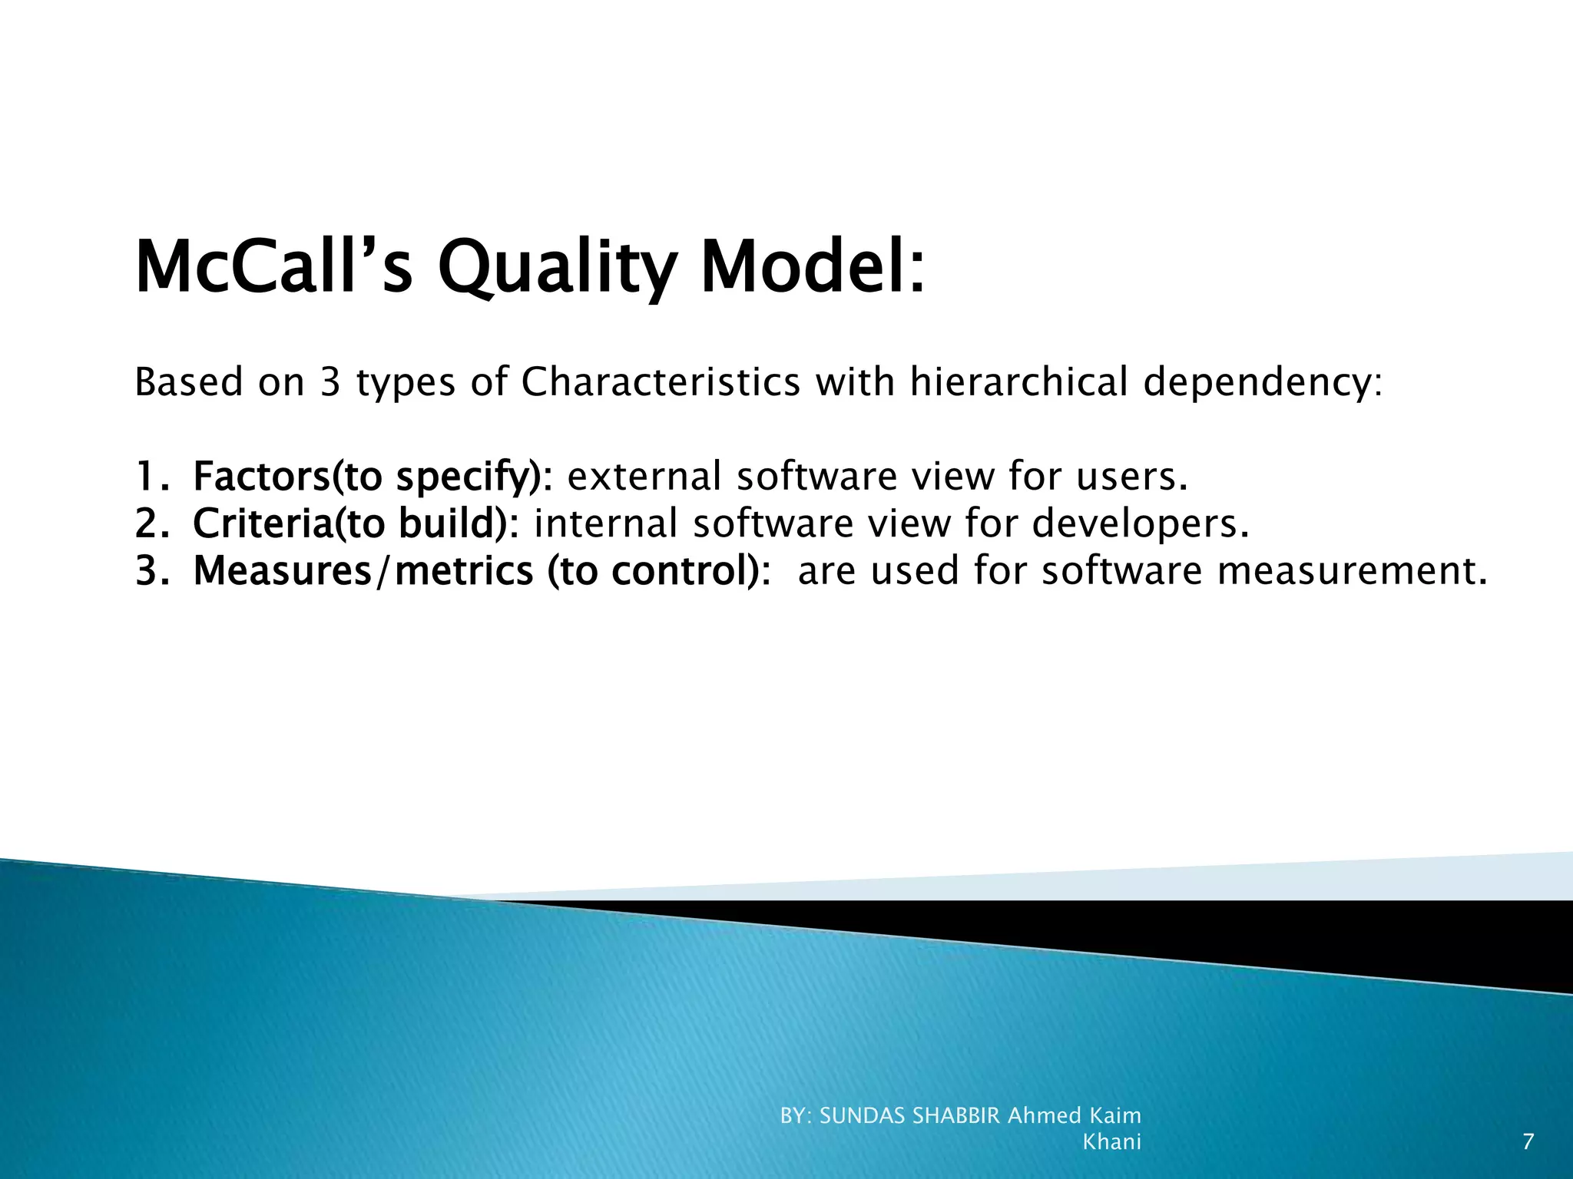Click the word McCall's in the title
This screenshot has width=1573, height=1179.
tap(273, 268)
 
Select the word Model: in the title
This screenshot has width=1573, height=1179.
tap(813, 268)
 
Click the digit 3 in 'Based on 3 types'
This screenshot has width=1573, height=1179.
tap(330, 382)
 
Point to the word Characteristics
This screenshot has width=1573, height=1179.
tap(661, 382)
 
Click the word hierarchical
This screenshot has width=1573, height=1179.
tap(1018, 382)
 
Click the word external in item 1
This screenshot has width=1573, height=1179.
tap(644, 477)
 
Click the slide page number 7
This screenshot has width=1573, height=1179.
tap(1528, 1142)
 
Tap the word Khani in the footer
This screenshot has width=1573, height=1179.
tap(1111, 1142)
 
